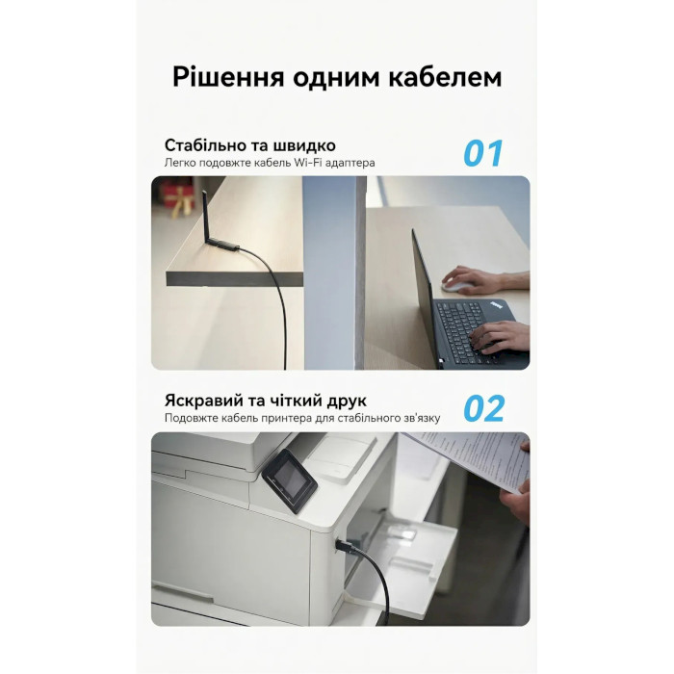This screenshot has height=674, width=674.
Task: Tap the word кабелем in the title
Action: pos(447,78)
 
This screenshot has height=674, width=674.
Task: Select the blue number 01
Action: pos(483,154)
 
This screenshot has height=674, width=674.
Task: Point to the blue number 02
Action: pos(483,409)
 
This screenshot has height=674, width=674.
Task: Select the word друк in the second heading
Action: pos(342,402)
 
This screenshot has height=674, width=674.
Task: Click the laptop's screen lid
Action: pos(425,294)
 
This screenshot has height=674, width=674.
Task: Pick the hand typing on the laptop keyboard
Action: pos(502,335)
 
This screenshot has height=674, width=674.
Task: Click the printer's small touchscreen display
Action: pos(289,479)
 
